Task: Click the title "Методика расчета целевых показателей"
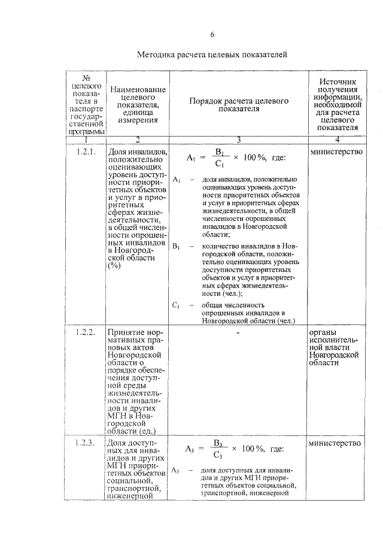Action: click(x=212, y=55)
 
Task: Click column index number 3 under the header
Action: click(x=238, y=140)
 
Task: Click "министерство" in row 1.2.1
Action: click(x=336, y=152)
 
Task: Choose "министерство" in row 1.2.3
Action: click(x=336, y=443)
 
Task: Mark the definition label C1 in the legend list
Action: click(x=176, y=305)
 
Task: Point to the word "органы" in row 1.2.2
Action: click(x=322, y=332)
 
